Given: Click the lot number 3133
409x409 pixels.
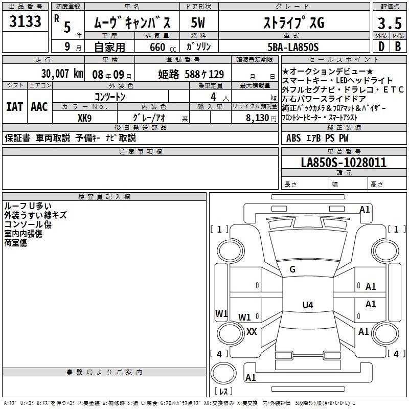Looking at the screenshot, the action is coord(26,22).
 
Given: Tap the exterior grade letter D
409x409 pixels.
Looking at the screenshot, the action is coord(381,47).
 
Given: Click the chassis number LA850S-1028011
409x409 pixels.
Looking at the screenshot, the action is coord(344,163).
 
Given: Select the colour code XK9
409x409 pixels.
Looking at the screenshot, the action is coord(84,117).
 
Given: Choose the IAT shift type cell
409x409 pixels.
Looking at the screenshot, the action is coord(14,107).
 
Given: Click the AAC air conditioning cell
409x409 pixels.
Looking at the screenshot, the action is coord(39,107).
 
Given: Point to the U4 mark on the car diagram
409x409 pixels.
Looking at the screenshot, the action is coord(307,305).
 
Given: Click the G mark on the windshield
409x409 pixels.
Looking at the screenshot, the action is coord(292,269).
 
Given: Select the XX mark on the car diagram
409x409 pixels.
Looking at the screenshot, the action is coord(252,331).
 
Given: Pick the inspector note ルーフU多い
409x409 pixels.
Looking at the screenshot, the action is coord(28,207).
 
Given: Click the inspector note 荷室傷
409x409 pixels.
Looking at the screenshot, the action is coord(16,243).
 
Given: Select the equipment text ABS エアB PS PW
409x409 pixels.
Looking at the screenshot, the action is coord(317,138).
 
